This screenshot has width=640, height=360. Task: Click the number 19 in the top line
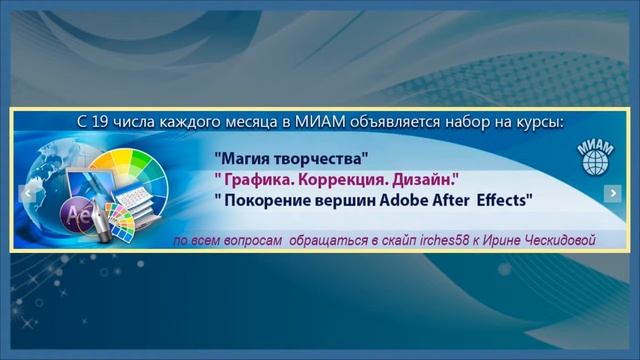tap(104, 122)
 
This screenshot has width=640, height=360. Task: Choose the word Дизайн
tap(427, 179)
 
